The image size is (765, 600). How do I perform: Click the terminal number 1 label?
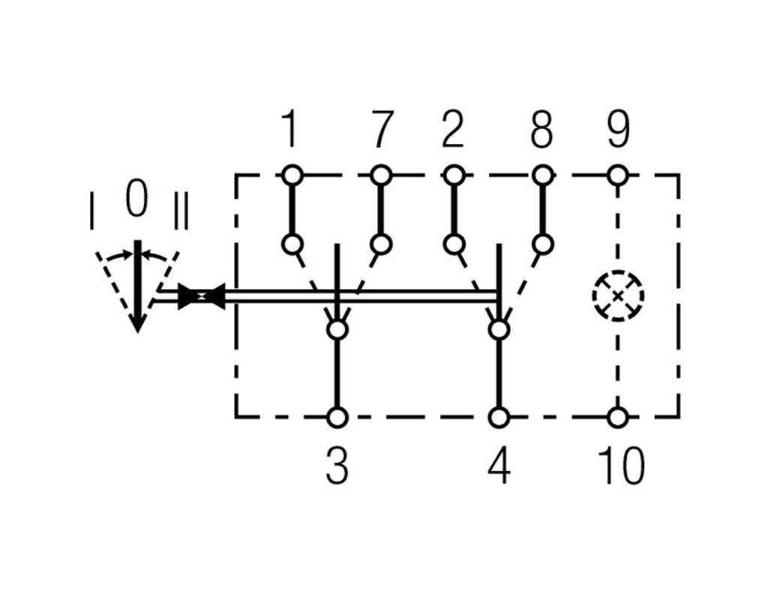coord(291,129)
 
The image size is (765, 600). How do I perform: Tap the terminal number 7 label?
coord(382,129)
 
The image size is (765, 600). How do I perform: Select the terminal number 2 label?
coord(453,129)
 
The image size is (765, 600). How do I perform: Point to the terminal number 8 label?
coord(541,129)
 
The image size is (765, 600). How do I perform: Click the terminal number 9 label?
coord(619,129)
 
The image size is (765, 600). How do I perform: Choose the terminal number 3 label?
coord(337,466)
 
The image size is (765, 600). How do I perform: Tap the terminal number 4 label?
coord(499,466)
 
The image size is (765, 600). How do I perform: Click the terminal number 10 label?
coord(621,466)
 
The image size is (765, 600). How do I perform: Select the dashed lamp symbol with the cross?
coord(618,295)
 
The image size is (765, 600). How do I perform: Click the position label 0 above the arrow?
coord(136,197)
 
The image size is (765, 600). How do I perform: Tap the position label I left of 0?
coord(91,211)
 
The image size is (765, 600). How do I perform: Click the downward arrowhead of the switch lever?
coord(137,323)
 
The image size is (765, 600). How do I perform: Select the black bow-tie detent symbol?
coord(201,296)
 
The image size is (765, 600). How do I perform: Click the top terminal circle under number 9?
coord(618,175)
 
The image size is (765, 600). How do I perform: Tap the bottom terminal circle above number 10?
coord(618,418)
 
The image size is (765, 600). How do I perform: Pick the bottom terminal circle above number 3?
coord(337,418)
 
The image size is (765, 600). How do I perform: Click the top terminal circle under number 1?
coord(292,175)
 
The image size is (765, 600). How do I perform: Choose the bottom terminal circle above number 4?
coord(499,418)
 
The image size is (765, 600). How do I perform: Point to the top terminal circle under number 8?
coord(542,175)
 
